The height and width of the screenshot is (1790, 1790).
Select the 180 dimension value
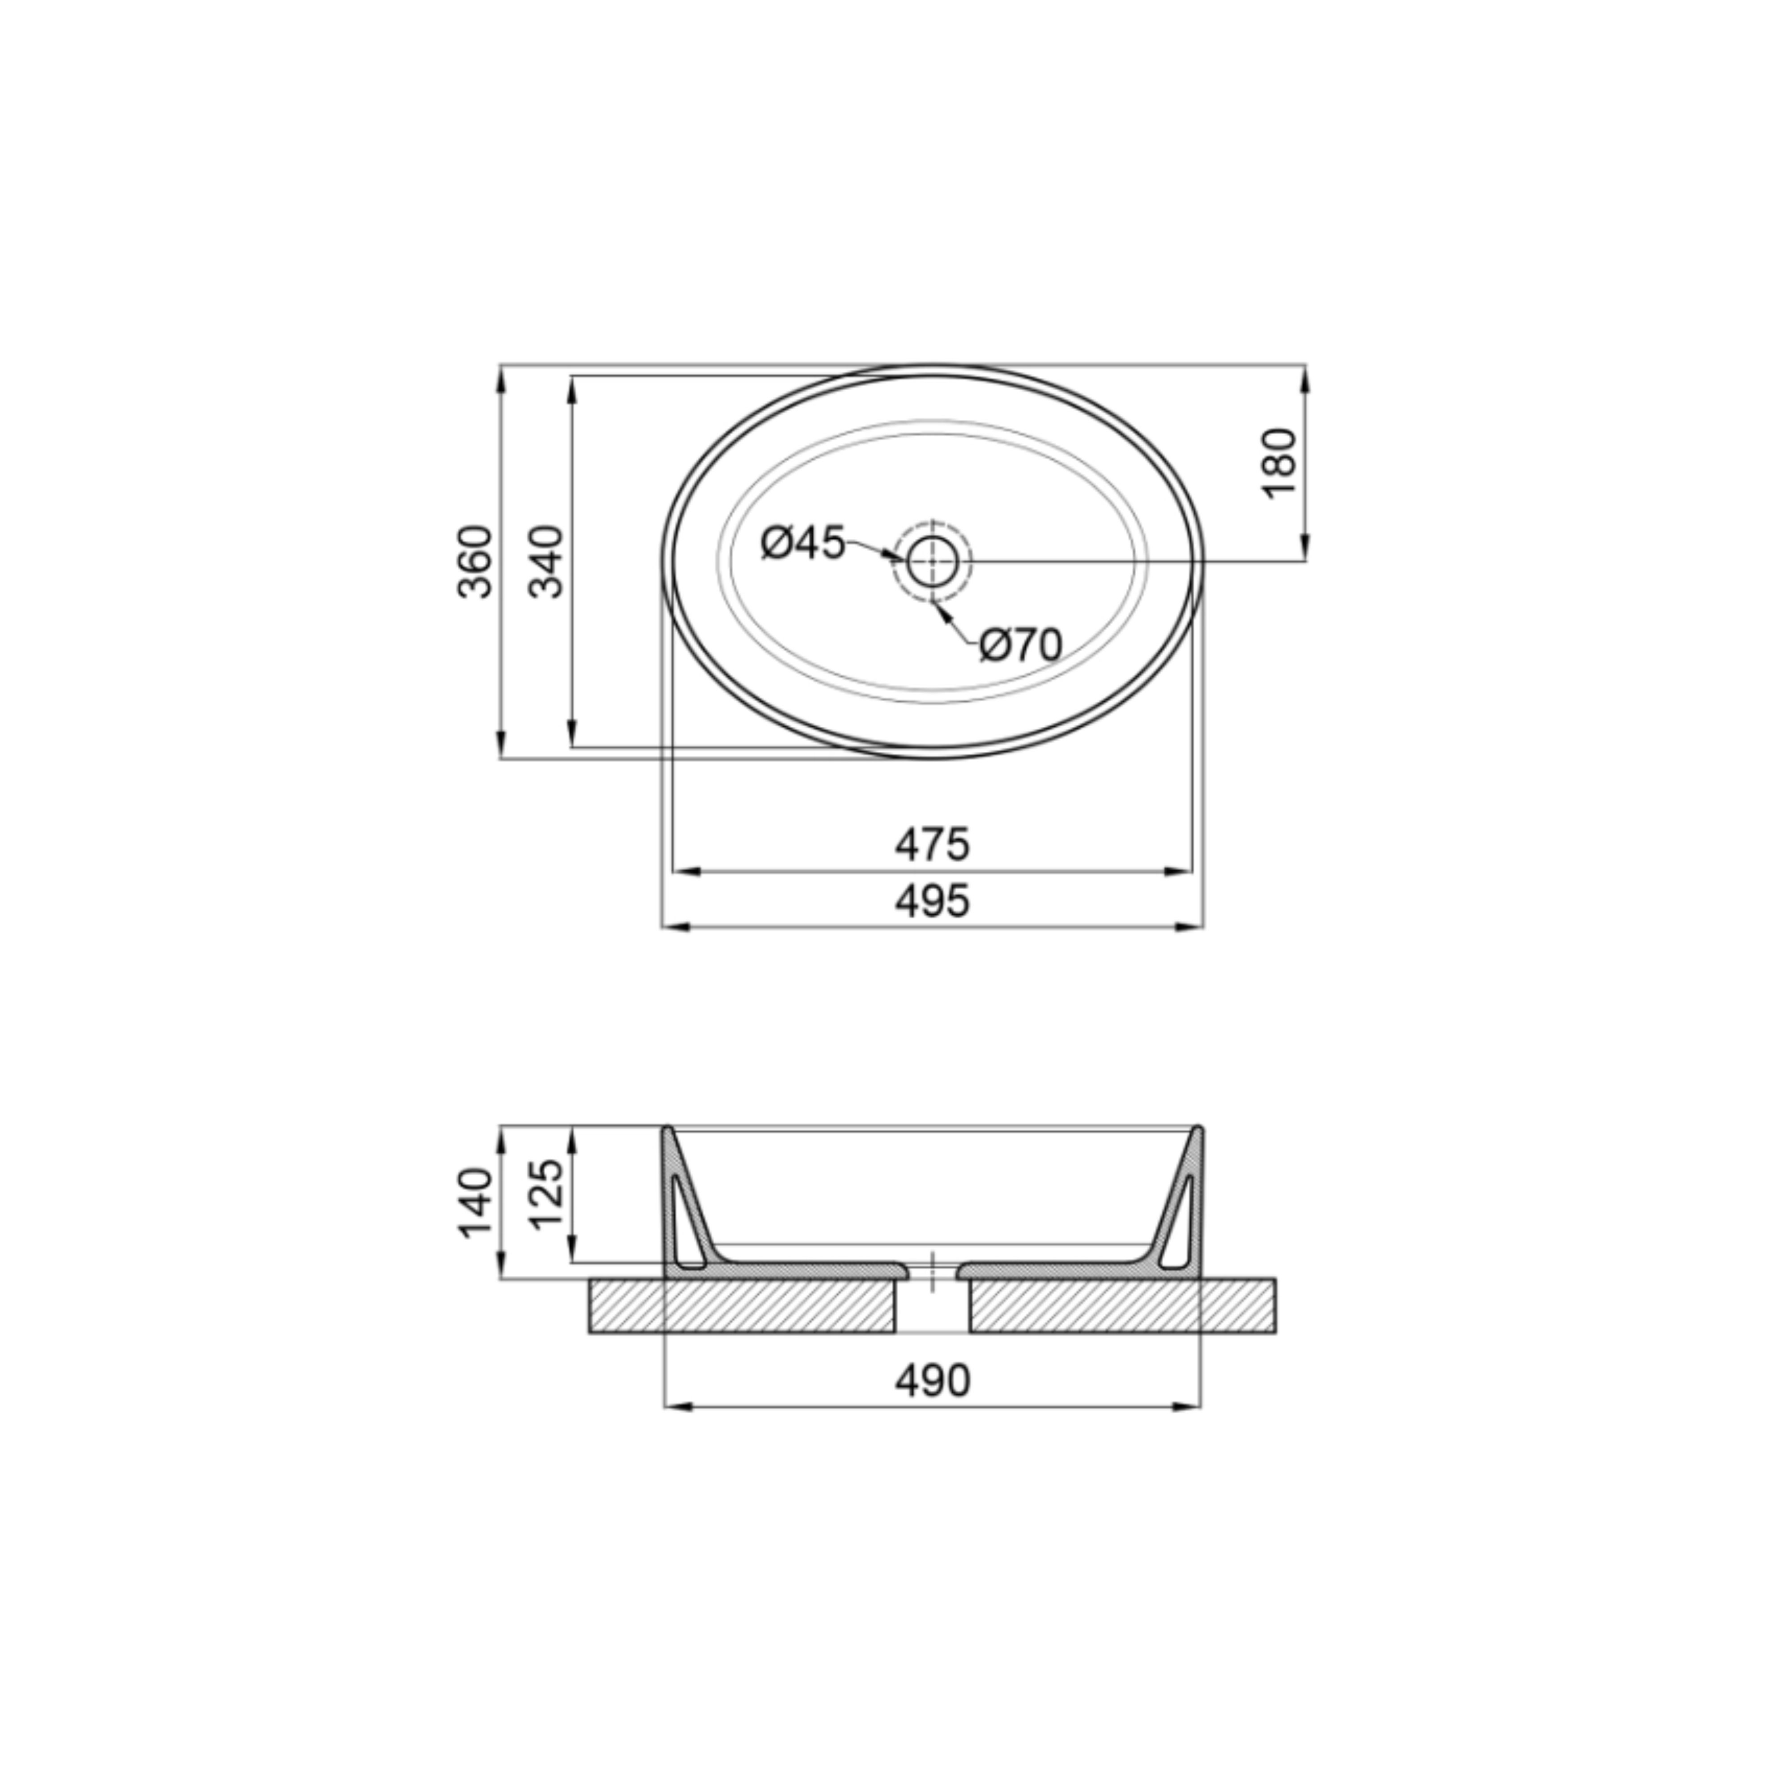pos(1280,463)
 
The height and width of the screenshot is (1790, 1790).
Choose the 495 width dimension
pos(932,900)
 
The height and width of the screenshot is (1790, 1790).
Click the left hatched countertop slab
pos(741,1306)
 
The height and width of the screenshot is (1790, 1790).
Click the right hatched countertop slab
pos(1121,1306)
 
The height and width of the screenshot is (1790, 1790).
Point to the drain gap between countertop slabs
pos(932,1306)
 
